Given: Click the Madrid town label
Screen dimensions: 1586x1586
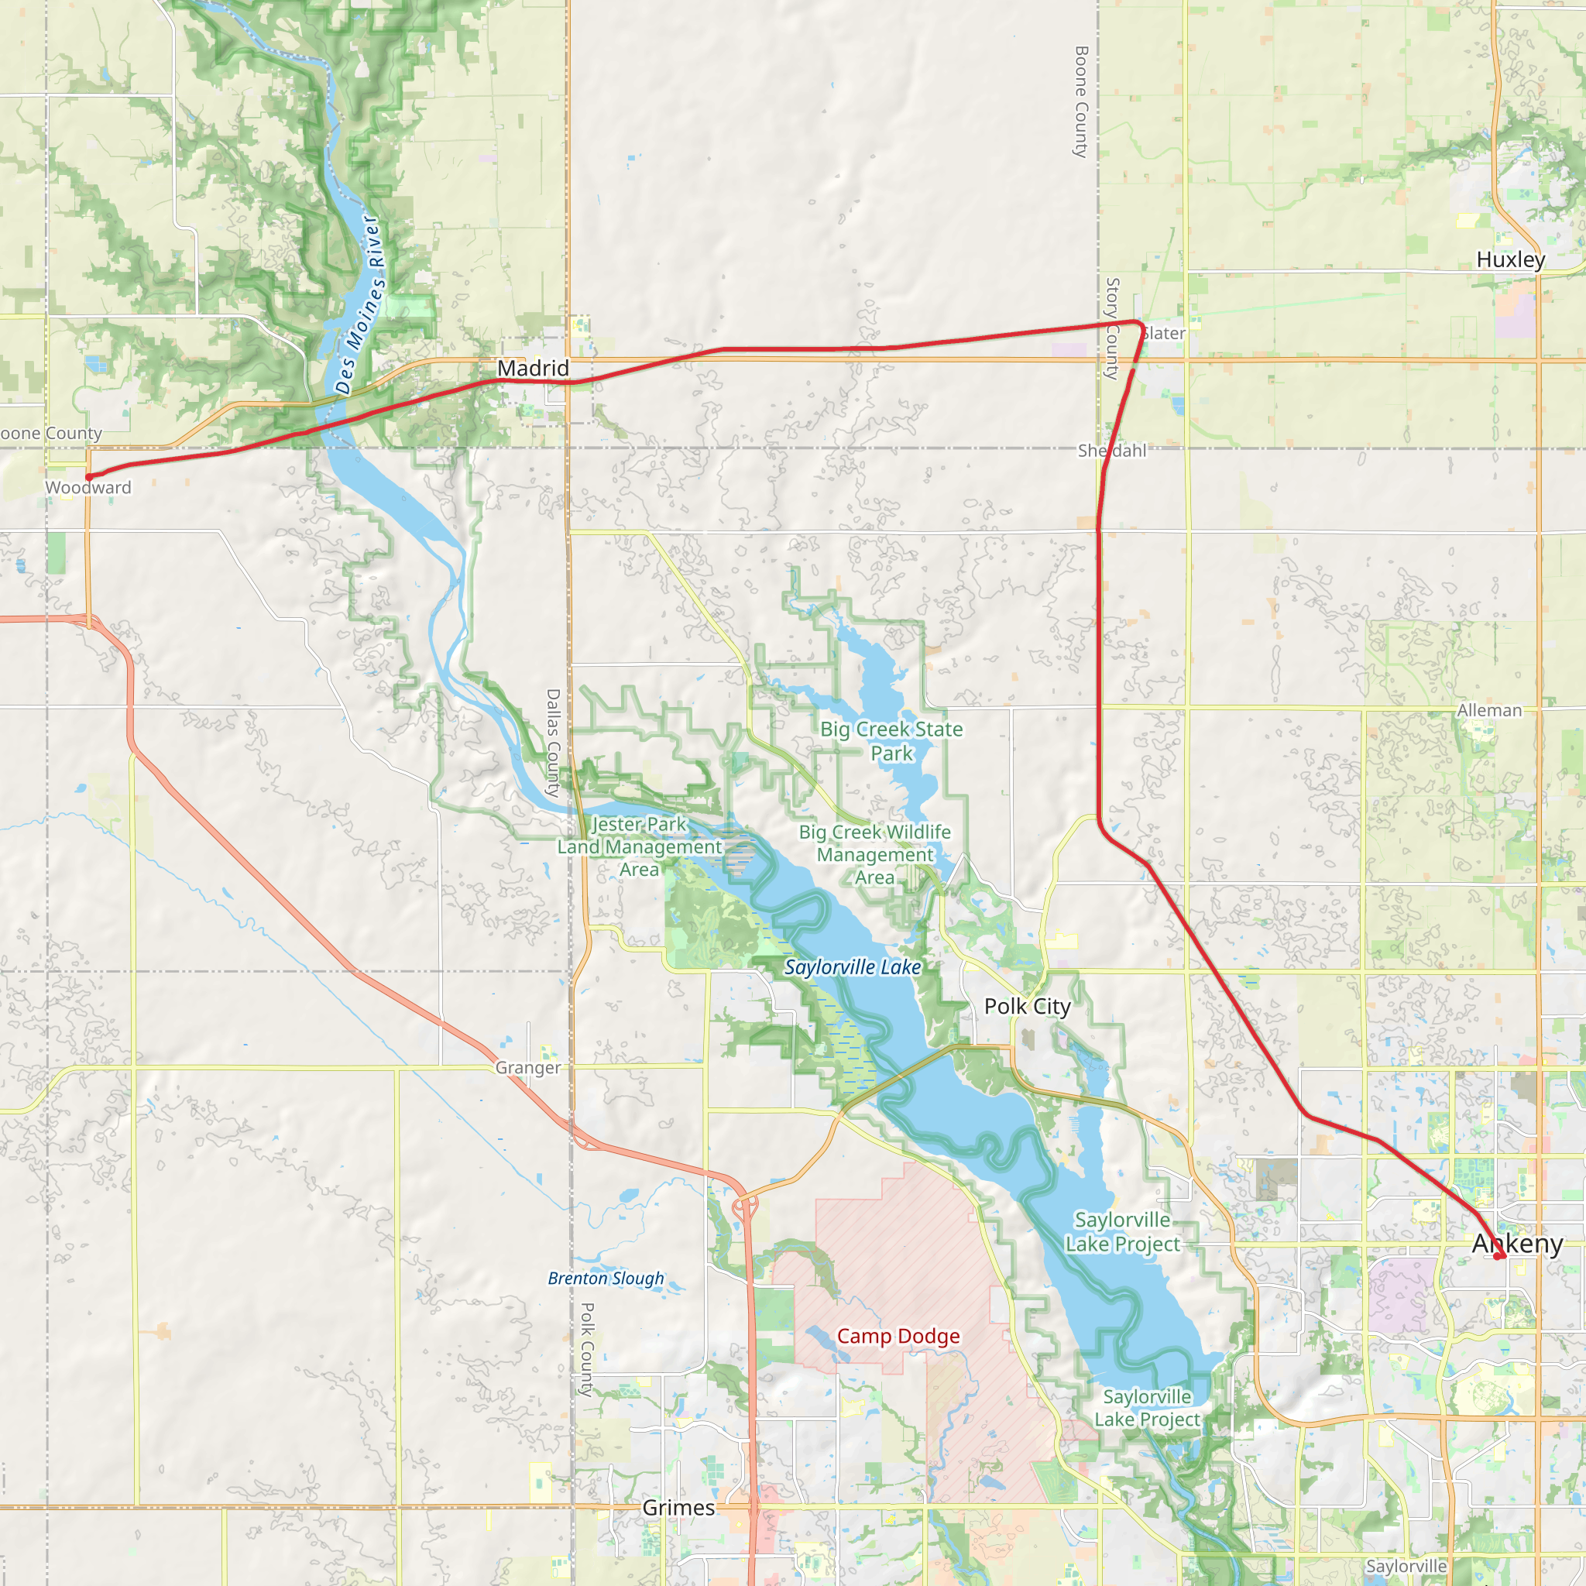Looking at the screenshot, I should [x=533, y=368].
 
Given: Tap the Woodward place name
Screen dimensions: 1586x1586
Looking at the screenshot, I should [x=88, y=488].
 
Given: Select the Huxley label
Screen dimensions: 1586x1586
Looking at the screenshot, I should [x=1510, y=259].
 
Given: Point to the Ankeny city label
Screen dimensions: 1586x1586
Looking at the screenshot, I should [x=1517, y=1244].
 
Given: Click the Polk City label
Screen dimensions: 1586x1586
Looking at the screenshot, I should [x=1027, y=1007].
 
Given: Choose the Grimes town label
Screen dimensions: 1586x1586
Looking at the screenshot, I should [x=678, y=1507].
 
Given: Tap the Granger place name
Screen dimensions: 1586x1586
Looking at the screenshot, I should [x=528, y=1068].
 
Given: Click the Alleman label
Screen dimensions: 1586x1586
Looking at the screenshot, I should [x=1489, y=710].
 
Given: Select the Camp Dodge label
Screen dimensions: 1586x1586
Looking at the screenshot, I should [x=898, y=1336].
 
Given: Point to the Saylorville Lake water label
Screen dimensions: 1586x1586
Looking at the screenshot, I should [x=852, y=967].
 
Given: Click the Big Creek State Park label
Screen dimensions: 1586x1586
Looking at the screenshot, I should [x=891, y=740].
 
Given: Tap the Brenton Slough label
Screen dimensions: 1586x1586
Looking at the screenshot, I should [x=606, y=1278].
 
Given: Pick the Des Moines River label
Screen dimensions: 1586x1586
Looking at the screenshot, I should [x=359, y=305].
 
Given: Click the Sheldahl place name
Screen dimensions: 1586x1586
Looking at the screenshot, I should [x=1111, y=451].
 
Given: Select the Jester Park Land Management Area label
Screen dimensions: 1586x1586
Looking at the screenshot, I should [x=640, y=846].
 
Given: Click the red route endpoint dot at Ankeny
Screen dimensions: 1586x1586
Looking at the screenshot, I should [x=1498, y=1256].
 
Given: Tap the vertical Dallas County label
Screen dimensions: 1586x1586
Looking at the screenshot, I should [x=553, y=742].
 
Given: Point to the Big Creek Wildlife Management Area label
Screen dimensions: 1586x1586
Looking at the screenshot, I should [x=875, y=855].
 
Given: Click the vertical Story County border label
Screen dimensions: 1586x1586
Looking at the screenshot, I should [x=1112, y=328].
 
